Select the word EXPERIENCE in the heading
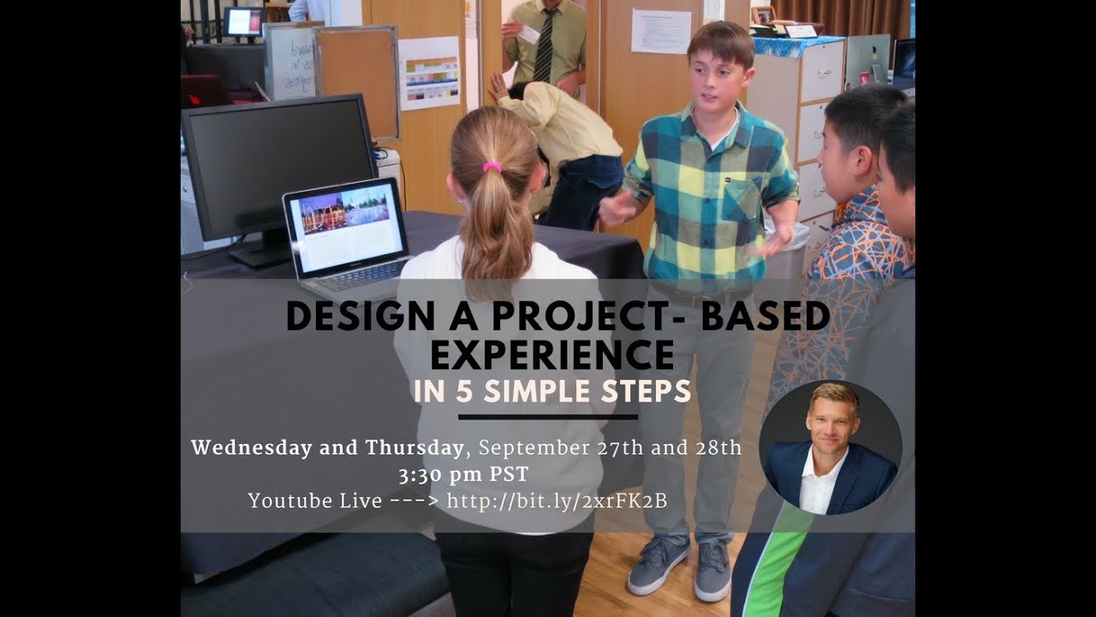click(x=551, y=353)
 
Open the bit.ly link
click(x=557, y=501)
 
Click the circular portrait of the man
click(x=830, y=447)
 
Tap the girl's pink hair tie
click(x=491, y=166)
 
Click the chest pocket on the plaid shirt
click(x=742, y=199)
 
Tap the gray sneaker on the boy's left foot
click(x=712, y=571)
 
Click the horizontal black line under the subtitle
click(x=548, y=417)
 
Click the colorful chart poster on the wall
click(x=429, y=73)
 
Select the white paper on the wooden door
click(x=661, y=32)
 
